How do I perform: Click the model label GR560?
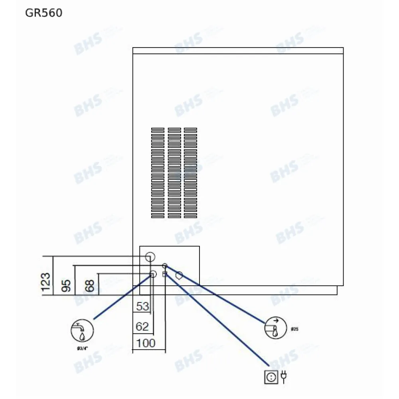point(43,13)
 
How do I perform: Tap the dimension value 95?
point(67,285)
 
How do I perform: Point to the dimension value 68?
point(90,286)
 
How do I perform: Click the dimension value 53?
point(142,306)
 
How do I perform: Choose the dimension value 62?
point(142,327)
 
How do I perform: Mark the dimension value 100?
point(146,343)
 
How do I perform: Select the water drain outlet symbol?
point(275,329)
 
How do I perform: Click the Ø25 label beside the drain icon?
point(295,330)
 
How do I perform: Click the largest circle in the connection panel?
point(150,256)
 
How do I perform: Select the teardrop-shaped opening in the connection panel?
point(179,275)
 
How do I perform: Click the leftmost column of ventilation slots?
point(158,173)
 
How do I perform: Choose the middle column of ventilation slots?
point(174,173)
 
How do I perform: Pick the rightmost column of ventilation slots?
point(190,173)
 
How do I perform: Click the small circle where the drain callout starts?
point(164,265)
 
